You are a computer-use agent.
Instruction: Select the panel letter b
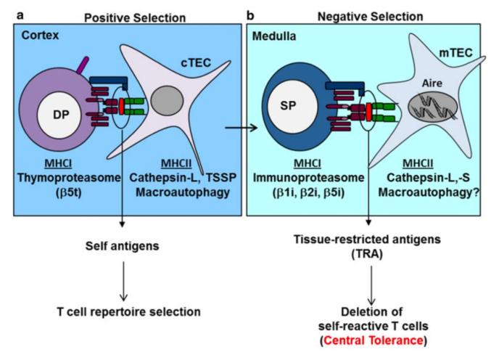(x=252, y=7)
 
